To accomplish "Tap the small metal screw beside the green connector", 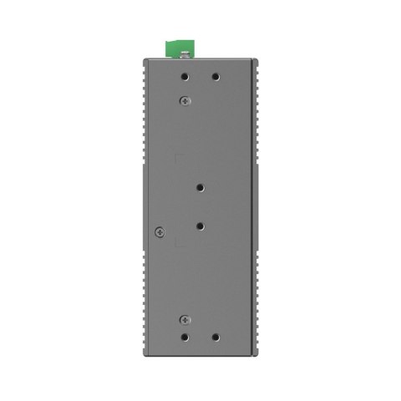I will coord(182,56).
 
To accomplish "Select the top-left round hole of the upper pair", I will coord(185,76).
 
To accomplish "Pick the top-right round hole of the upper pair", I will coord(216,76).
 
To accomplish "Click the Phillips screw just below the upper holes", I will coord(185,100).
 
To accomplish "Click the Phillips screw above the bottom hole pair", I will coord(185,319).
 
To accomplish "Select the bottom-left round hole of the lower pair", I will coord(185,337).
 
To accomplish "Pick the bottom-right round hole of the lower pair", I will coord(216,337).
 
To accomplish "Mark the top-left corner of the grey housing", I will coord(144,58).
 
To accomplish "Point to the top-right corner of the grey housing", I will coord(256,58).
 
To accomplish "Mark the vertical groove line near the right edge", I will coord(251,209).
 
